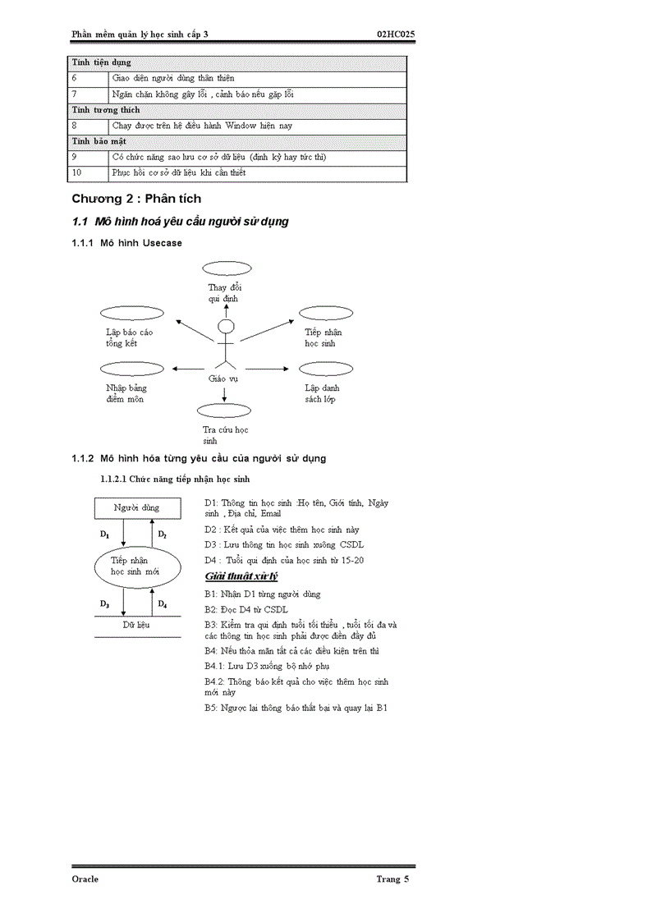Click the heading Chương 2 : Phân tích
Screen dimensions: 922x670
click(136, 199)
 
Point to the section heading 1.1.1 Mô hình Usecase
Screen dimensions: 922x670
click(127, 243)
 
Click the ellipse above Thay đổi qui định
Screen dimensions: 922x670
click(227, 268)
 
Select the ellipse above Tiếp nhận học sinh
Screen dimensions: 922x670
click(325, 313)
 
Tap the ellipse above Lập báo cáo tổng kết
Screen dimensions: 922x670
click(131, 313)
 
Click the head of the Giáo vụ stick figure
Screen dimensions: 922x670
click(225, 327)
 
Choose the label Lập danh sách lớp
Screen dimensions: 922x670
click(322, 393)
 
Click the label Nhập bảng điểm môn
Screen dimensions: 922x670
click(125, 393)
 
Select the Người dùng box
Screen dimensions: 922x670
click(136, 507)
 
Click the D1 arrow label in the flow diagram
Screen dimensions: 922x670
click(104, 534)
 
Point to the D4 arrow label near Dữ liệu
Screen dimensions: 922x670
click(163, 604)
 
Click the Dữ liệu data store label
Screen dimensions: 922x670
click(136, 625)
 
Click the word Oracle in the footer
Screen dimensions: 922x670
click(85, 878)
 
